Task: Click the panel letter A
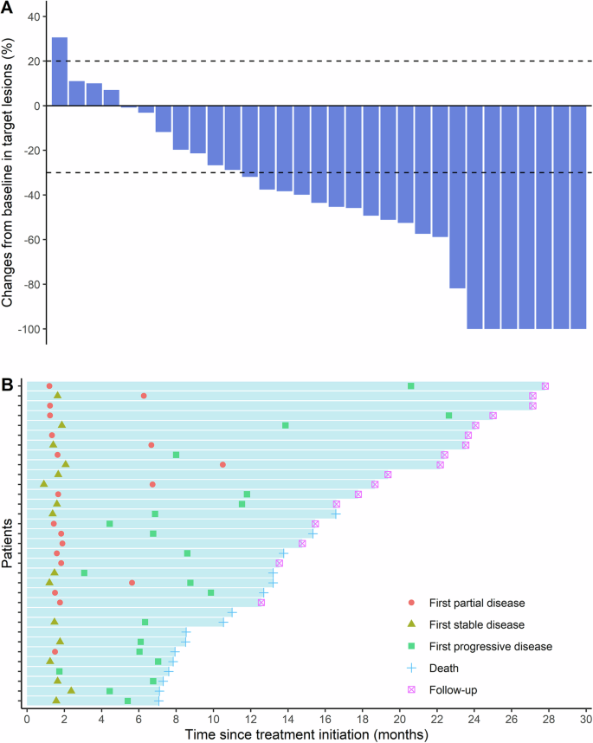coord(8,8)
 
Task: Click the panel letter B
coord(8,382)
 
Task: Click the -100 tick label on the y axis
coord(24,329)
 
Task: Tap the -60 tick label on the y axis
coord(27,240)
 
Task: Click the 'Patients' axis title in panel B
coord(8,544)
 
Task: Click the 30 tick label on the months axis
coord(586,719)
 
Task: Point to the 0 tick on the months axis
coord(28,719)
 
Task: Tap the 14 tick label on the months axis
coord(288,719)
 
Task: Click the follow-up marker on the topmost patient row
coord(545,386)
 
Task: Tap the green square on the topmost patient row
coord(410,386)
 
